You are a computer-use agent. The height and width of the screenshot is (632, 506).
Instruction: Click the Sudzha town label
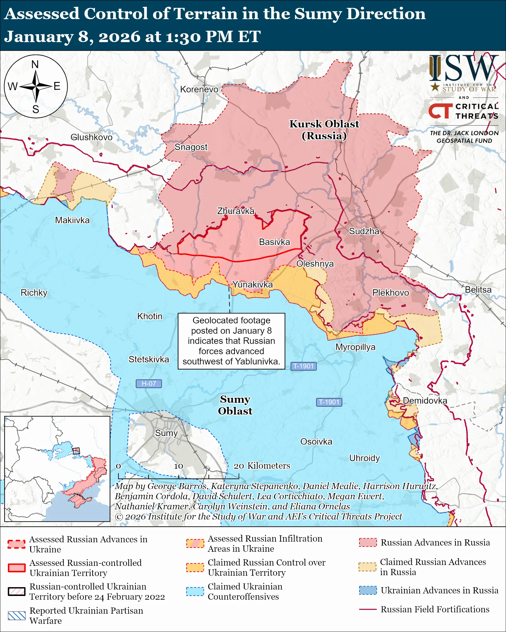coord(364,231)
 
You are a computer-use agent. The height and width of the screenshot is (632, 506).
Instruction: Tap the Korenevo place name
coord(199,89)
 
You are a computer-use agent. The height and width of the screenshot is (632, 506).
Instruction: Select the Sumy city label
coord(166,433)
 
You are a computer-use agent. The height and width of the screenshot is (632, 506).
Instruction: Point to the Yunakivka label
coord(252,284)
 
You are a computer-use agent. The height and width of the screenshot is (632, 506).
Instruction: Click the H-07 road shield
coord(149,383)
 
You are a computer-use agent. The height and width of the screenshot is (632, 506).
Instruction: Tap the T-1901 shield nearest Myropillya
coord(303,366)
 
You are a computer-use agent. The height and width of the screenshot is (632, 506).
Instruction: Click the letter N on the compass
coord(35,64)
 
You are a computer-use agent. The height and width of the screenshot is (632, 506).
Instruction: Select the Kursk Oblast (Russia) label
coord(324,130)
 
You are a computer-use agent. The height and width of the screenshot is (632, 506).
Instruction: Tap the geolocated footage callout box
coord(231,341)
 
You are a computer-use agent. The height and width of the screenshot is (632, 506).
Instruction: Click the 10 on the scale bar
coord(178,466)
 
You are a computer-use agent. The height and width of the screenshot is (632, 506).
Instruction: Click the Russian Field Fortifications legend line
coord(368,609)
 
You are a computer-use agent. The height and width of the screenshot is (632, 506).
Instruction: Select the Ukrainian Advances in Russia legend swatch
coord(368,590)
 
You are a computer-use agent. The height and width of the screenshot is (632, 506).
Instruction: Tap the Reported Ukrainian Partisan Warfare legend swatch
coord(17,616)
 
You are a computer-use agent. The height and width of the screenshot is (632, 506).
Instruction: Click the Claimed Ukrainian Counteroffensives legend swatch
coord(195,591)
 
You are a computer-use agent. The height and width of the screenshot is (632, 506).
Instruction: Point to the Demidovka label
coord(425,401)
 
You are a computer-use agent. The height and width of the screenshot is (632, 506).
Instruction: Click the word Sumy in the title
coord(318,14)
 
